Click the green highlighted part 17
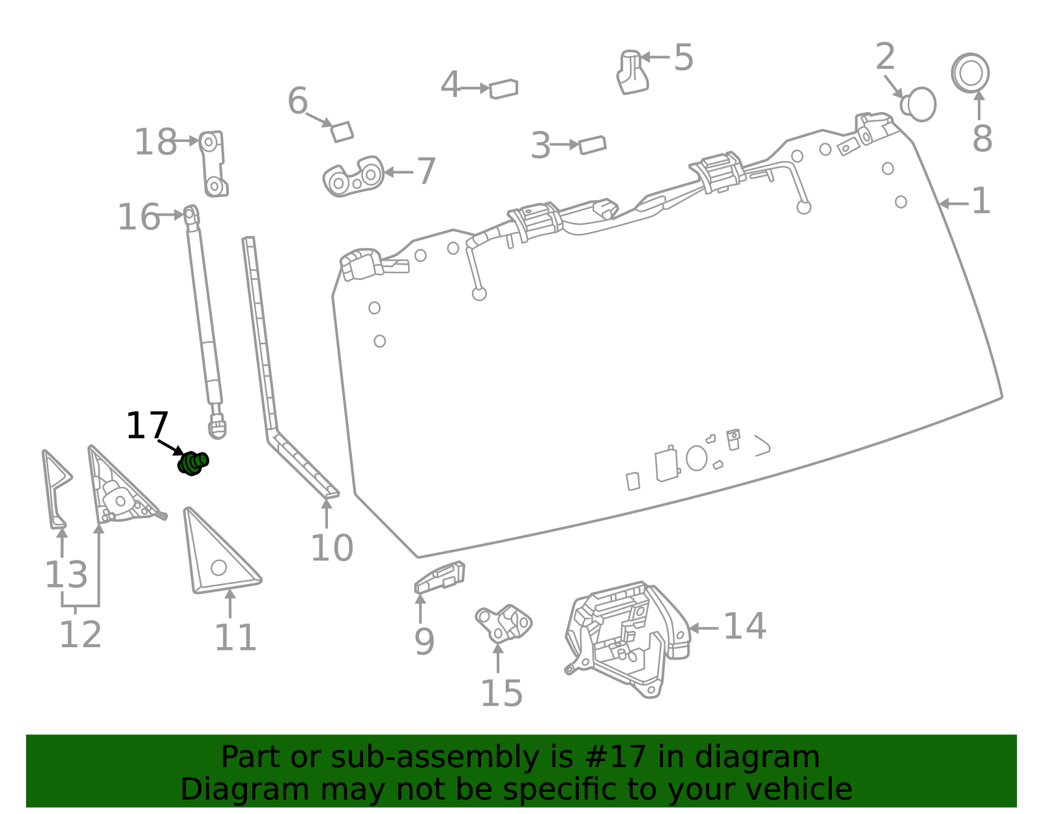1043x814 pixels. click(x=193, y=463)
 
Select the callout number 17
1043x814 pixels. click(x=147, y=425)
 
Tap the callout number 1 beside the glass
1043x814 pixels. click(x=980, y=201)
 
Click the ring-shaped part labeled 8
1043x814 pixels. click(x=970, y=73)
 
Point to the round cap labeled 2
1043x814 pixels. click(x=918, y=104)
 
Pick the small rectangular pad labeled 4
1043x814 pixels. click(x=503, y=89)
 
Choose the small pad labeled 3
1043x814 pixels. click(x=593, y=145)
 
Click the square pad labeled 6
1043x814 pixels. click(x=342, y=132)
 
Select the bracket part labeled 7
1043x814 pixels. click(x=354, y=176)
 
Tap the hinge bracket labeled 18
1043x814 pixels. click(x=213, y=164)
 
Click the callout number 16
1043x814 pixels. click(x=139, y=217)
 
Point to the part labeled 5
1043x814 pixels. click(x=632, y=72)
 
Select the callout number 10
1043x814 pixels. click(x=332, y=548)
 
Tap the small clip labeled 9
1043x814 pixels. click(x=439, y=577)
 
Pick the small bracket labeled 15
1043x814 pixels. click(x=503, y=623)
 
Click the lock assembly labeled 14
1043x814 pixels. click(x=627, y=639)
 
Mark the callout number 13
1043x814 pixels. click(x=66, y=574)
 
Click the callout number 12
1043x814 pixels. click(x=81, y=634)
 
